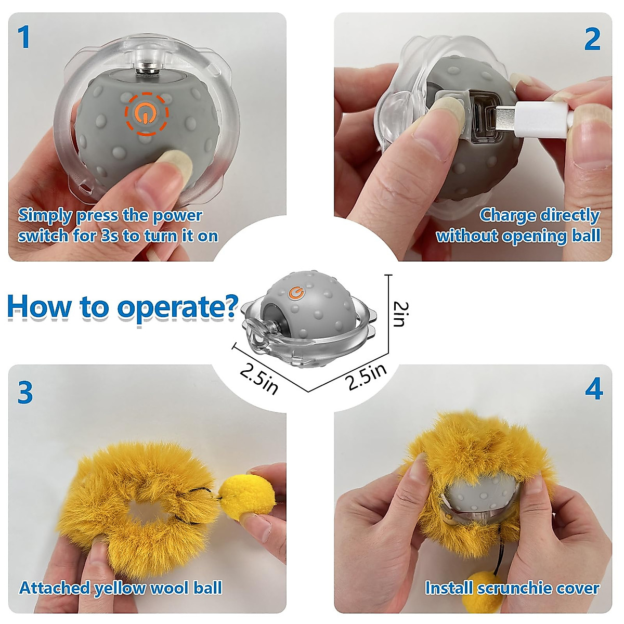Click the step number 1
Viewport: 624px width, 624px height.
tap(24, 37)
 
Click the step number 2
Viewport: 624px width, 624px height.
tap(592, 40)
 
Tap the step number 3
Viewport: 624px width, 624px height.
tap(25, 393)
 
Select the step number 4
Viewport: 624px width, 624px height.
tap(593, 389)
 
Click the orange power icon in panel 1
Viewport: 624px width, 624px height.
tap(146, 113)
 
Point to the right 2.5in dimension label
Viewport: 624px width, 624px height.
tap(367, 376)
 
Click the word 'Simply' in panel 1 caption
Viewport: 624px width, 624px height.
tap(45, 215)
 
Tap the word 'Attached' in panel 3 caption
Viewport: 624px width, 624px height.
tap(55, 588)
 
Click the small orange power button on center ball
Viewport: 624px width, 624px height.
tap(297, 293)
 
